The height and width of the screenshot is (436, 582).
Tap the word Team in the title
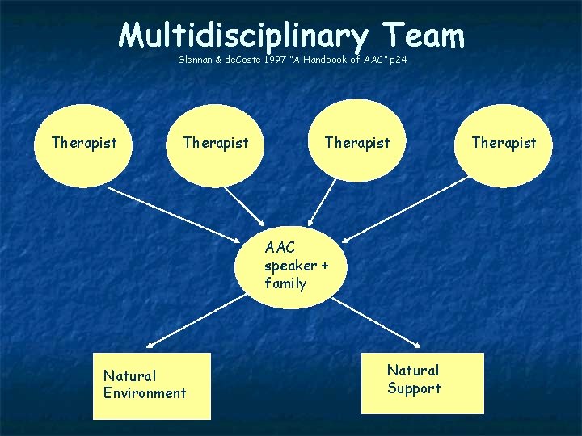coord(424,35)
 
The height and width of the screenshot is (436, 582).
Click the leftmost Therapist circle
coord(83,143)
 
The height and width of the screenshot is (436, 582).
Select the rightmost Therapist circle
coord(504,143)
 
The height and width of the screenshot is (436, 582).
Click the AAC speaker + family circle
coord(289,266)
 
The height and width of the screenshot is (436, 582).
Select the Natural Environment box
coord(151,385)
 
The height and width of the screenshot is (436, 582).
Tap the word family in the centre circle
coord(285,283)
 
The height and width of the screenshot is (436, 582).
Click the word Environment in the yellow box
coord(145,393)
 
